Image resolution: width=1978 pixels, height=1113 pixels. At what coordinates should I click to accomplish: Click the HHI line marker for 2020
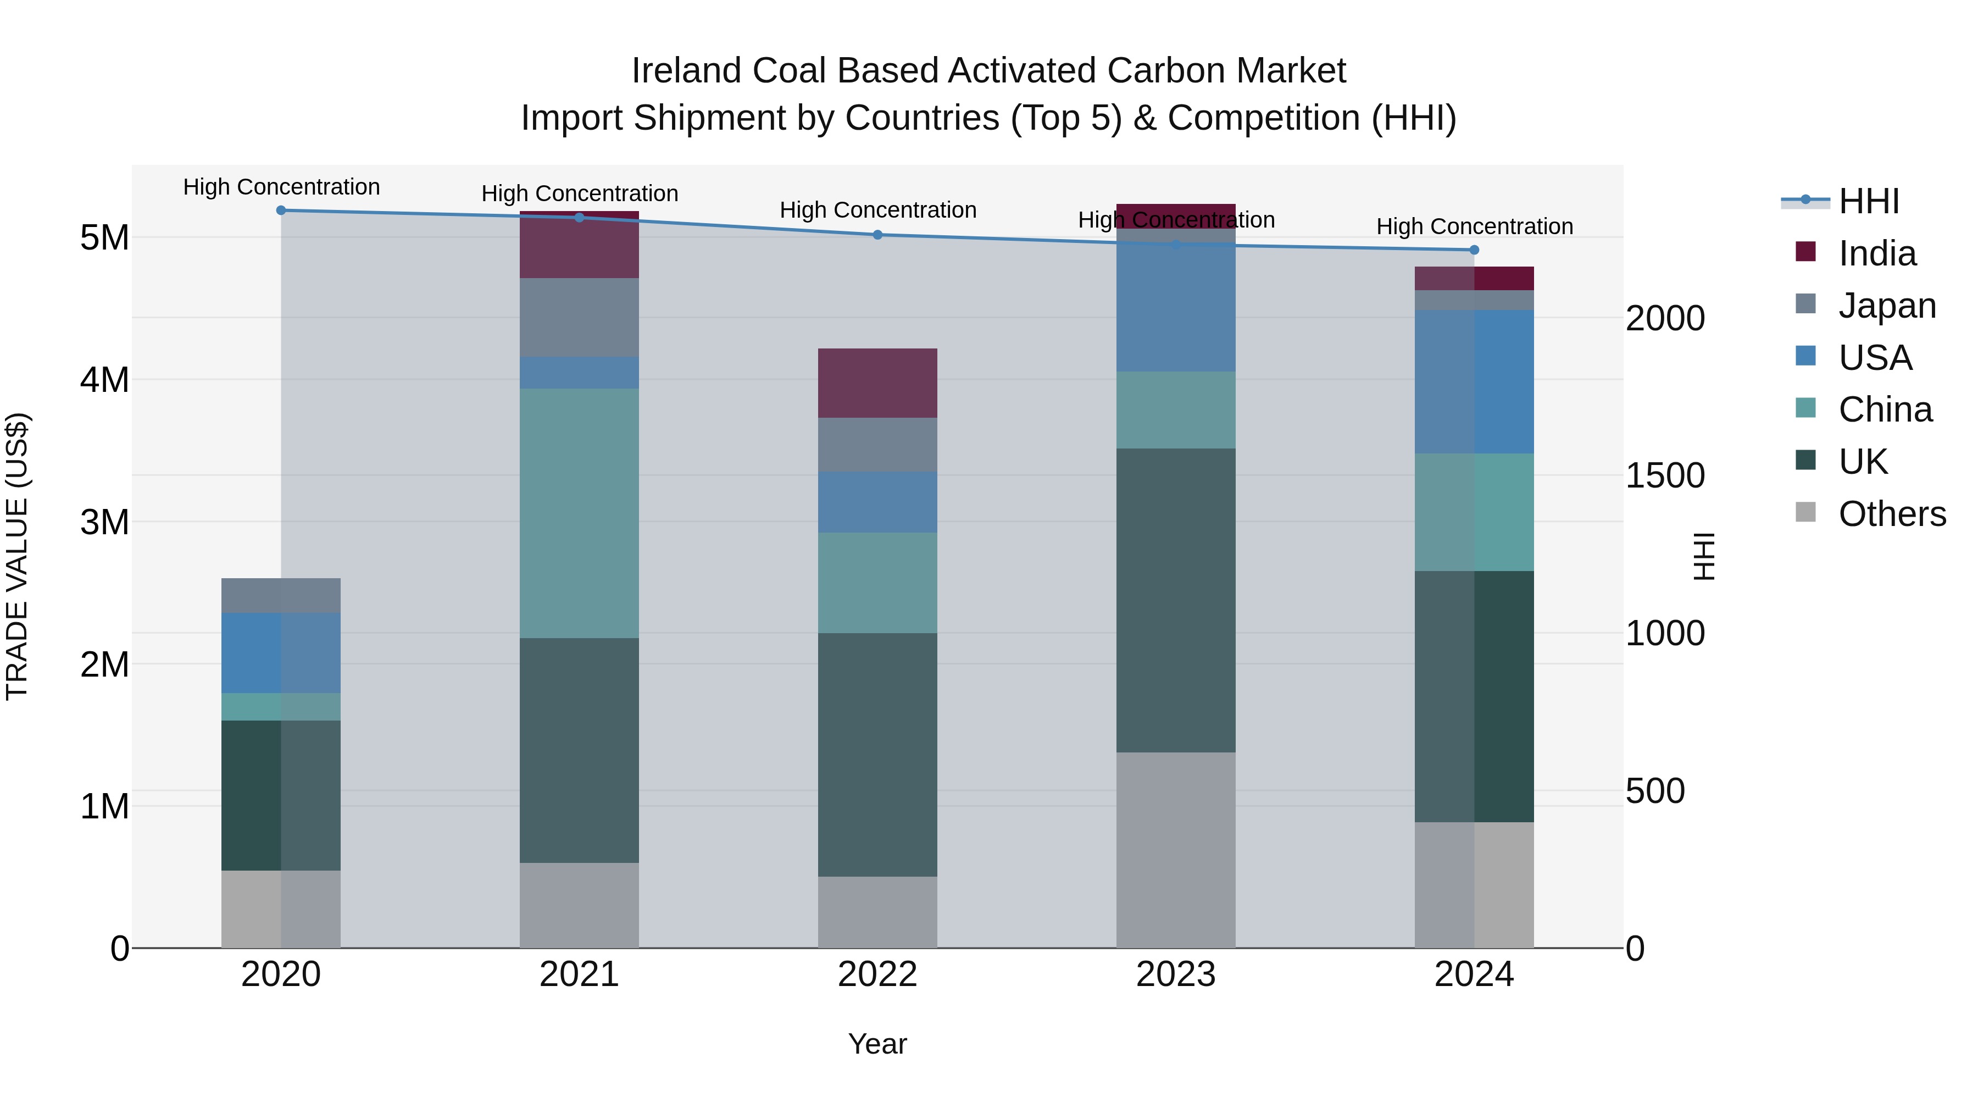tap(281, 211)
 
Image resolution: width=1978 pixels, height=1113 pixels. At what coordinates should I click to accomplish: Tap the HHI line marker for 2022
tap(877, 235)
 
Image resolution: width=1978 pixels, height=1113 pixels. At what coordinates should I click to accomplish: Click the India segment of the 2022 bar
tap(877, 383)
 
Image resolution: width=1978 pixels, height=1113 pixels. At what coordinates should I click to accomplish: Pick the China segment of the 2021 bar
tap(579, 513)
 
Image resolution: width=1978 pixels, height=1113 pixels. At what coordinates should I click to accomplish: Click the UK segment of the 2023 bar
tap(1176, 600)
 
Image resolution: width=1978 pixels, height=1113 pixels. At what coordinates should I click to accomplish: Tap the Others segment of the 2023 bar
tap(1176, 850)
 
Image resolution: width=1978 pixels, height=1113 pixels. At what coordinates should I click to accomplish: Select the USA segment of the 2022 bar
tap(877, 502)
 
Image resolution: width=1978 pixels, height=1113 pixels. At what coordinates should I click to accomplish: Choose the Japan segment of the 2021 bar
tap(579, 317)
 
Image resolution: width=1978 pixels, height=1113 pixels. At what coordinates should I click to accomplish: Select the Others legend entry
tap(1891, 514)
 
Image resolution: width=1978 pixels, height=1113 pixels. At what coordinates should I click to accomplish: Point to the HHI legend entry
tap(1868, 201)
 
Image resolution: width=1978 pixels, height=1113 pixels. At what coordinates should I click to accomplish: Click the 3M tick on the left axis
tap(104, 522)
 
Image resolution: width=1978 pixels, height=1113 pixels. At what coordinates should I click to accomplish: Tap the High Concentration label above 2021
tap(579, 193)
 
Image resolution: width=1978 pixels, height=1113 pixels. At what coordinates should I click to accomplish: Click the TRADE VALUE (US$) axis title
tap(17, 556)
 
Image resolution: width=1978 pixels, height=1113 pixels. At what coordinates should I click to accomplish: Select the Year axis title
tap(877, 1044)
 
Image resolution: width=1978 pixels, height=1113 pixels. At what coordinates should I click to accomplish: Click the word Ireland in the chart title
tap(686, 71)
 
